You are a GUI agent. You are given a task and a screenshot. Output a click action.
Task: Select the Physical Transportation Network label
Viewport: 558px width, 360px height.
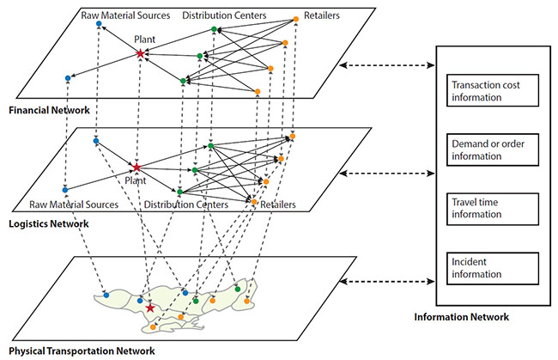pos(78,351)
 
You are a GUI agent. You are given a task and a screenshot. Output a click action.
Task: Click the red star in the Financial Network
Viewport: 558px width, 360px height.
pos(140,53)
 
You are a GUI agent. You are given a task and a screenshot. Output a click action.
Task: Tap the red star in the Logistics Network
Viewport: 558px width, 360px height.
pos(136,166)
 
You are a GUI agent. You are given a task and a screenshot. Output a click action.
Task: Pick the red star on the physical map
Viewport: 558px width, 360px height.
pos(150,307)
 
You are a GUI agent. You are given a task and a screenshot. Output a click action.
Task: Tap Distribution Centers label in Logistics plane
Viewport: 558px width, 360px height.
pos(185,205)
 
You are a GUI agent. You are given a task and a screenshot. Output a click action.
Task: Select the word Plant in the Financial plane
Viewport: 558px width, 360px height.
pos(144,39)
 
